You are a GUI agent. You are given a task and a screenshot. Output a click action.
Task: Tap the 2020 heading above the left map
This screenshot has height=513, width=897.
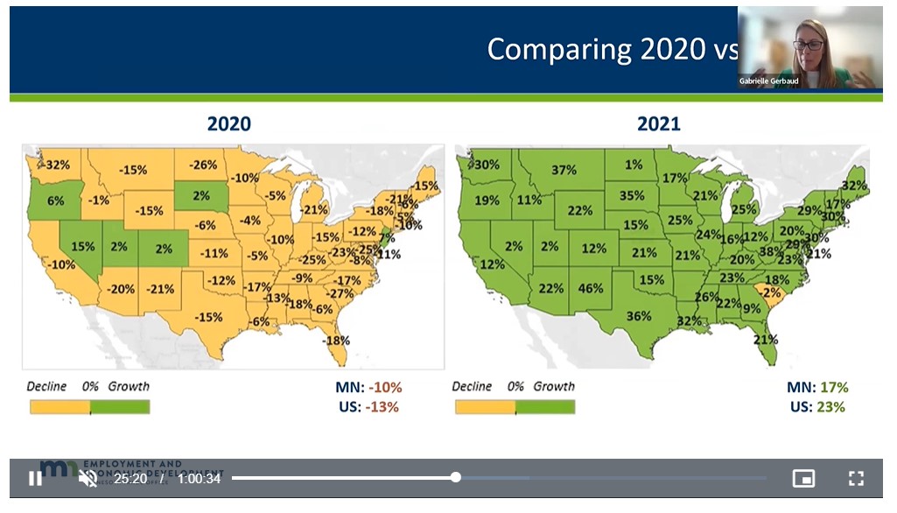tap(228, 124)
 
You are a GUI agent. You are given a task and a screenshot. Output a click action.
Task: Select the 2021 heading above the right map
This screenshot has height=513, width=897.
tap(658, 124)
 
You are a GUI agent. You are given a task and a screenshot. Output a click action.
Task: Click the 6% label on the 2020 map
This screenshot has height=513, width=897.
tap(55, 200)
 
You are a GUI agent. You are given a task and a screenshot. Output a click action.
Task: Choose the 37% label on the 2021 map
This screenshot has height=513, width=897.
tap(564, 170)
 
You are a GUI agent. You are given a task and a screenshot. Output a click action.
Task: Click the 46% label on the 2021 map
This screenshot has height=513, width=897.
tap(591, 288)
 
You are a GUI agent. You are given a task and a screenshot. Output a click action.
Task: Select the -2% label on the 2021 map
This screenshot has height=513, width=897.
tap(770, 292)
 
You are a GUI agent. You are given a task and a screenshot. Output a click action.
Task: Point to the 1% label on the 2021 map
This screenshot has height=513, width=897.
tap(634, 164)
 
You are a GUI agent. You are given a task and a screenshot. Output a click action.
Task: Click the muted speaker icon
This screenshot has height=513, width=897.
tap(88, 478)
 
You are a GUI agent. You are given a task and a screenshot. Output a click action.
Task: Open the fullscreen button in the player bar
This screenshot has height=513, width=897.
tap(856, 478)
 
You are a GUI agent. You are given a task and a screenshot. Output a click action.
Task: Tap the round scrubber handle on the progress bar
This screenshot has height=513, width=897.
tap(456, 477)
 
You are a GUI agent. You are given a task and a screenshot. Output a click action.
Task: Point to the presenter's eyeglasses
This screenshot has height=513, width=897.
tap(808, 45)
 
